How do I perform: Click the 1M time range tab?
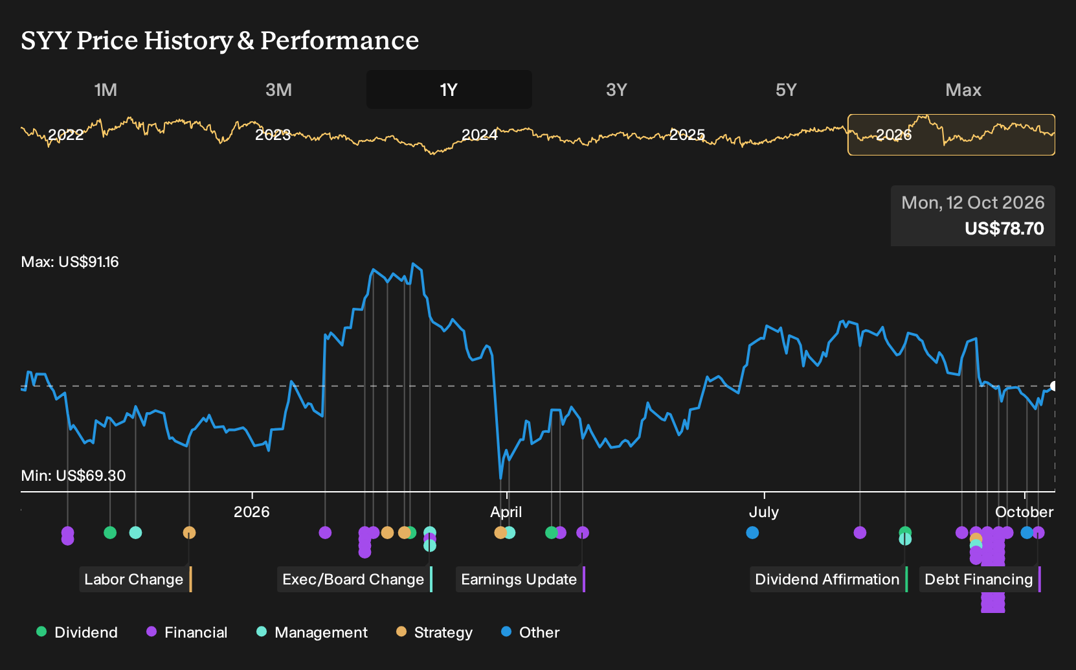pyautogui.click(x=106, y=90)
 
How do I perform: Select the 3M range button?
pyautogui.click(x=278, y=90)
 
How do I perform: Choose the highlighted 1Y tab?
pyautogui.click(x=449, y=90)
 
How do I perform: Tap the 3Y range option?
pyautogui.click(x=617, y=90)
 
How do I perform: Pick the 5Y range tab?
pyautogui.click(x=787, y=90)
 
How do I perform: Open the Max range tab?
pyautogui.click(x=963, y=90)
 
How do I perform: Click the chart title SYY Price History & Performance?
pyautogui.click(x=220, y=40)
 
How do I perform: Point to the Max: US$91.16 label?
pyautogui.click(x=70, y=262)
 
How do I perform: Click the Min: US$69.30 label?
pyautogui.click(x=74, y=476)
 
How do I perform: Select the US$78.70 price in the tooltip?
pyautogui.click(x=1004, y=228)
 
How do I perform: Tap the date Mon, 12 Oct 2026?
pyautogui.click(x=972, y=203)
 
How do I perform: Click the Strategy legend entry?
pyautogui.click(x=434, y=632)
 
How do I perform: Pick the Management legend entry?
pyautogui.click(x=312, y=632)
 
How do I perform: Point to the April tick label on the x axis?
pyautogui.click(x=506, y=512)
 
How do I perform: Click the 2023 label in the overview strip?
pyautogui.click(x=273, y=135)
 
